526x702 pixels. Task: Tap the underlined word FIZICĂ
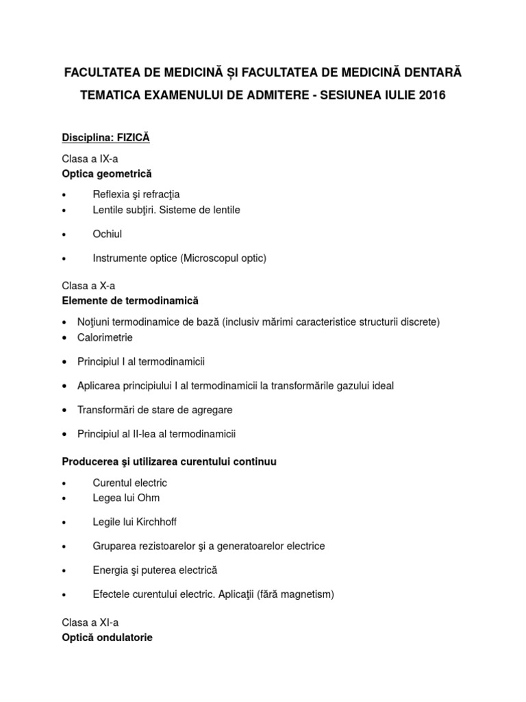133,138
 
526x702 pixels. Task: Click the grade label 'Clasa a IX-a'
90,158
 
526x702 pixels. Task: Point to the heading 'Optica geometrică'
107,173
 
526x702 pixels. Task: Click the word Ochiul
108,234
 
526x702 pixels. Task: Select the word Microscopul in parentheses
209,258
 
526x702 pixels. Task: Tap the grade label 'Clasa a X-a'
87,285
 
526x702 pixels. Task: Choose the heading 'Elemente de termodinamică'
131,300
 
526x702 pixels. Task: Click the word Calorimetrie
105,337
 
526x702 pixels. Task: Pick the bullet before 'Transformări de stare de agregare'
64,410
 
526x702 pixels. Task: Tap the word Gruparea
112,546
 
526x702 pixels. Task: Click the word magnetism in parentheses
307,594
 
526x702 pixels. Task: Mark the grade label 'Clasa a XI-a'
89,622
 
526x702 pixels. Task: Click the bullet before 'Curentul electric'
64,483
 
